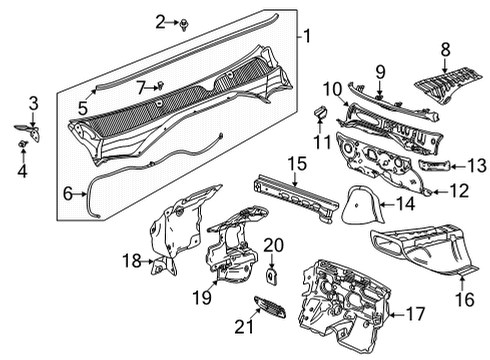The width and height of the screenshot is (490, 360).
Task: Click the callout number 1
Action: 308,39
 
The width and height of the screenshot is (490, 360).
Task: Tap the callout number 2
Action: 161,20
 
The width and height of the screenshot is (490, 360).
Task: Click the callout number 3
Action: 33,102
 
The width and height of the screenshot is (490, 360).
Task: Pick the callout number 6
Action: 68,193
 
